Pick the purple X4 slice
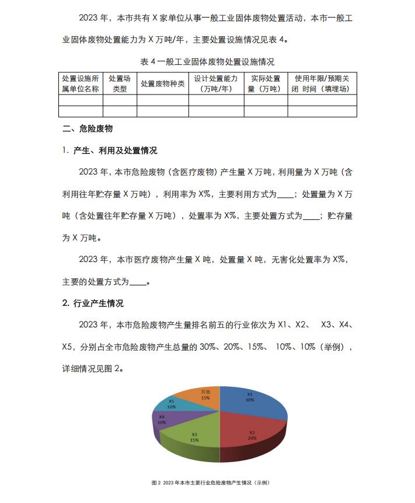click(162, 420)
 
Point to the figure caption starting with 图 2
click(210, 483)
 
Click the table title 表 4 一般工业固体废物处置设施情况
click(208, 62)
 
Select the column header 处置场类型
click(120, 83)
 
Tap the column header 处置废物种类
click(163, 83)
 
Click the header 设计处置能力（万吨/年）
click(216, 83)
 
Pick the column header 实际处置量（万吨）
click(266, 83)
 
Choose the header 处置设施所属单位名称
click(81, 83)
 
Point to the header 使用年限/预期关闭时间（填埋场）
click(322, 83)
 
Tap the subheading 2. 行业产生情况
click(93, 303)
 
